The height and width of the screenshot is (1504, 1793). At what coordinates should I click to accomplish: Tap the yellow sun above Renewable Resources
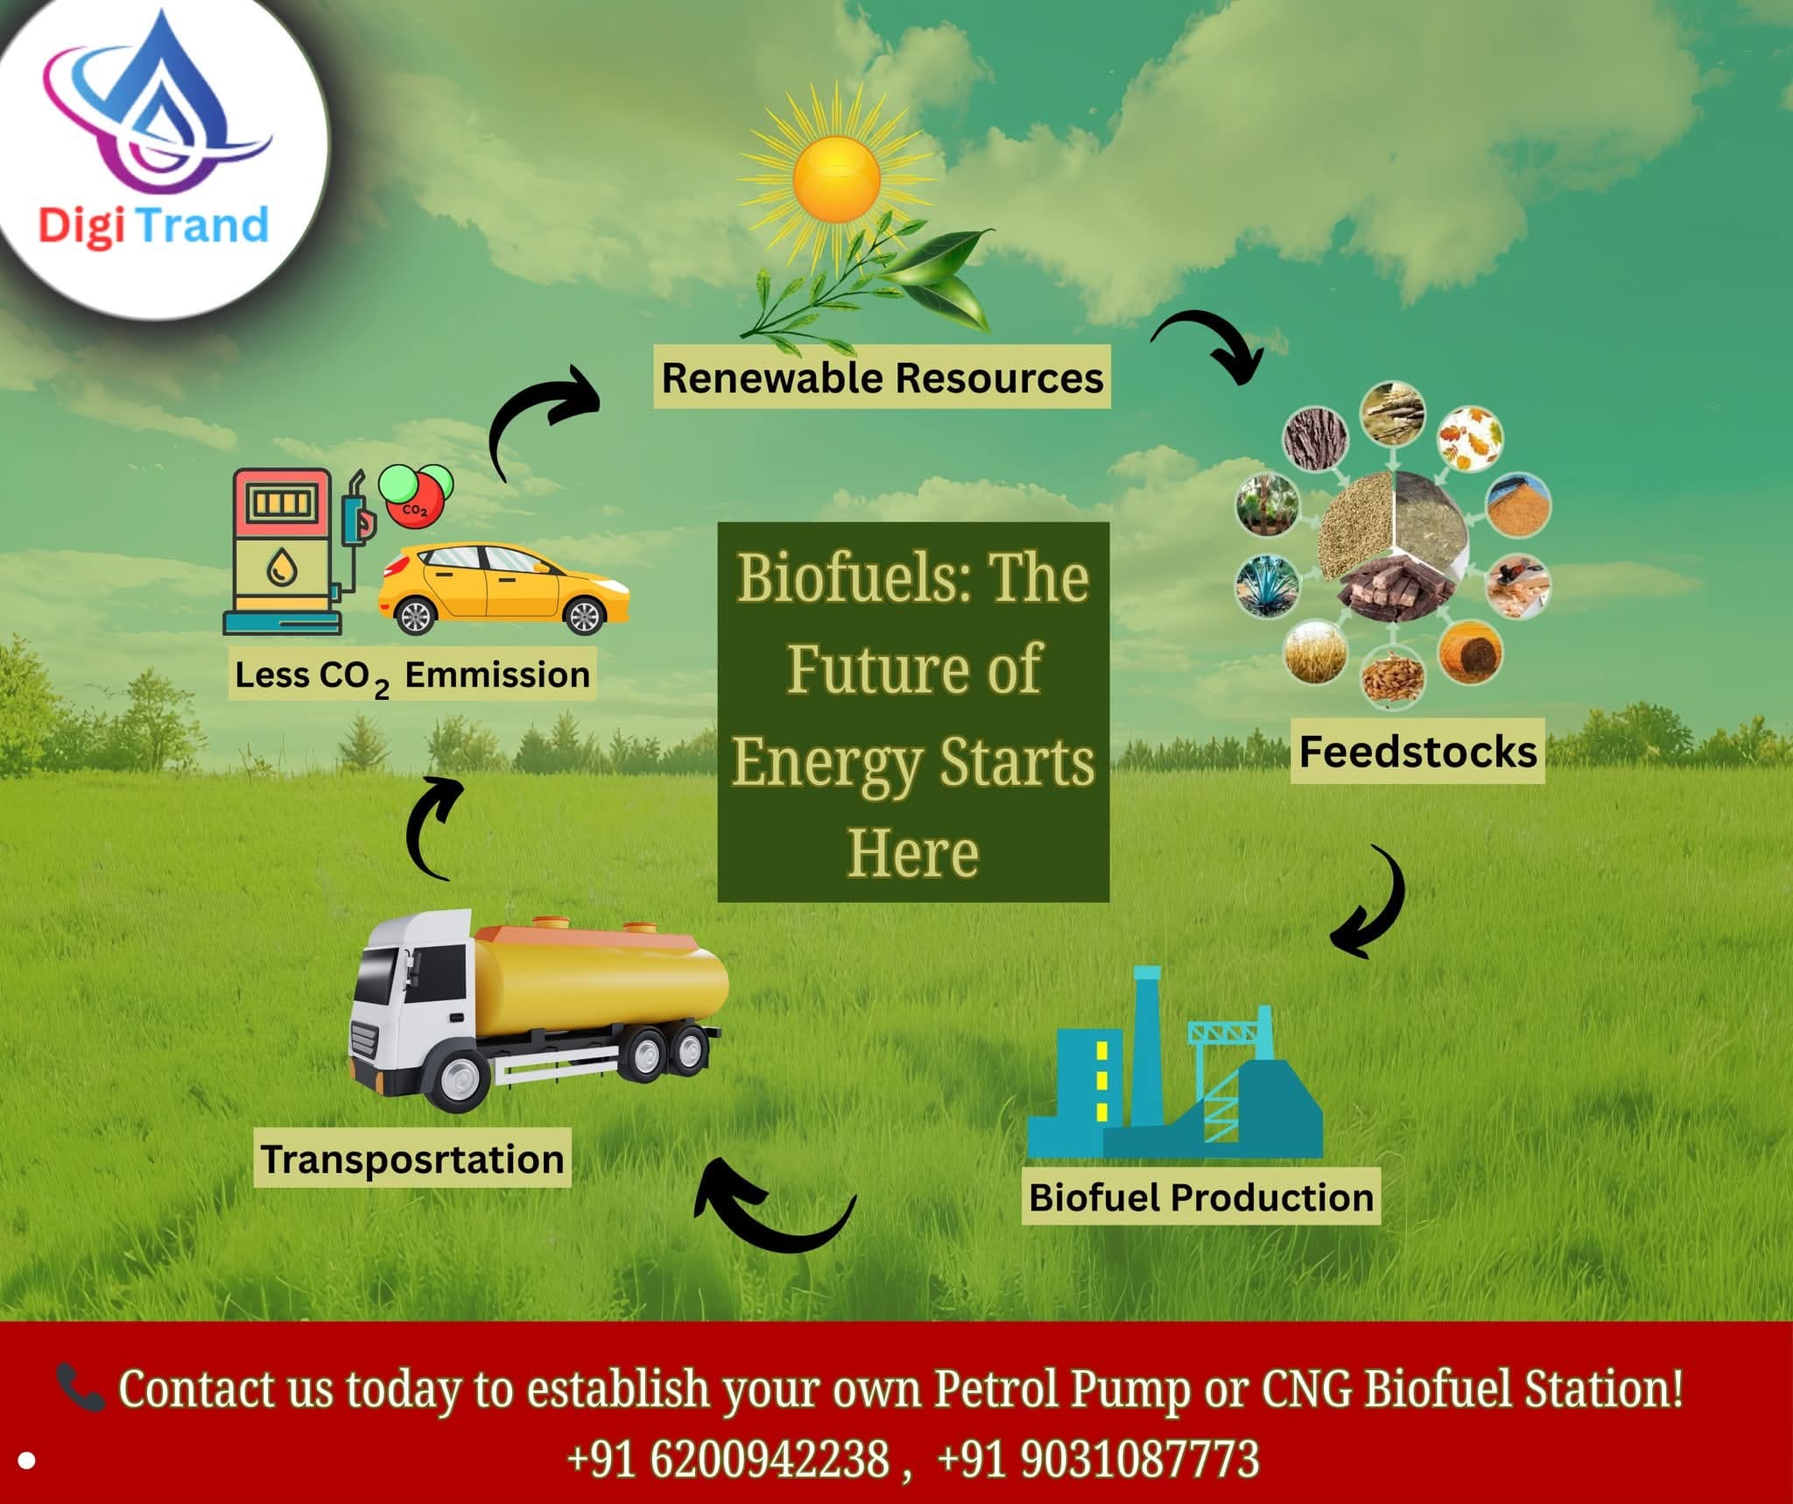(x=836, y=180)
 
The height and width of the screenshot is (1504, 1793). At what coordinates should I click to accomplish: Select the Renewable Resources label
(x=882, y=378)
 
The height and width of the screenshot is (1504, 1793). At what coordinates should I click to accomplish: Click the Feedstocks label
(x=1417, y=752)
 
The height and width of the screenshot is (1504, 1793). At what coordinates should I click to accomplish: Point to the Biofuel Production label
(x=1201, y=1197)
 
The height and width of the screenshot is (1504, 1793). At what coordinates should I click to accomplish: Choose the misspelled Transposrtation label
(x=412, y=1159)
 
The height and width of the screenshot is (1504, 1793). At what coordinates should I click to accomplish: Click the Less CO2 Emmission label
(x=412, y=675)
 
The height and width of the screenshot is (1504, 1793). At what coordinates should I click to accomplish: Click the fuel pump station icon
(x=294, y=552)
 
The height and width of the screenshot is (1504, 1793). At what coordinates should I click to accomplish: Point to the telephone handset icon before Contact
(x=81, y=1387)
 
